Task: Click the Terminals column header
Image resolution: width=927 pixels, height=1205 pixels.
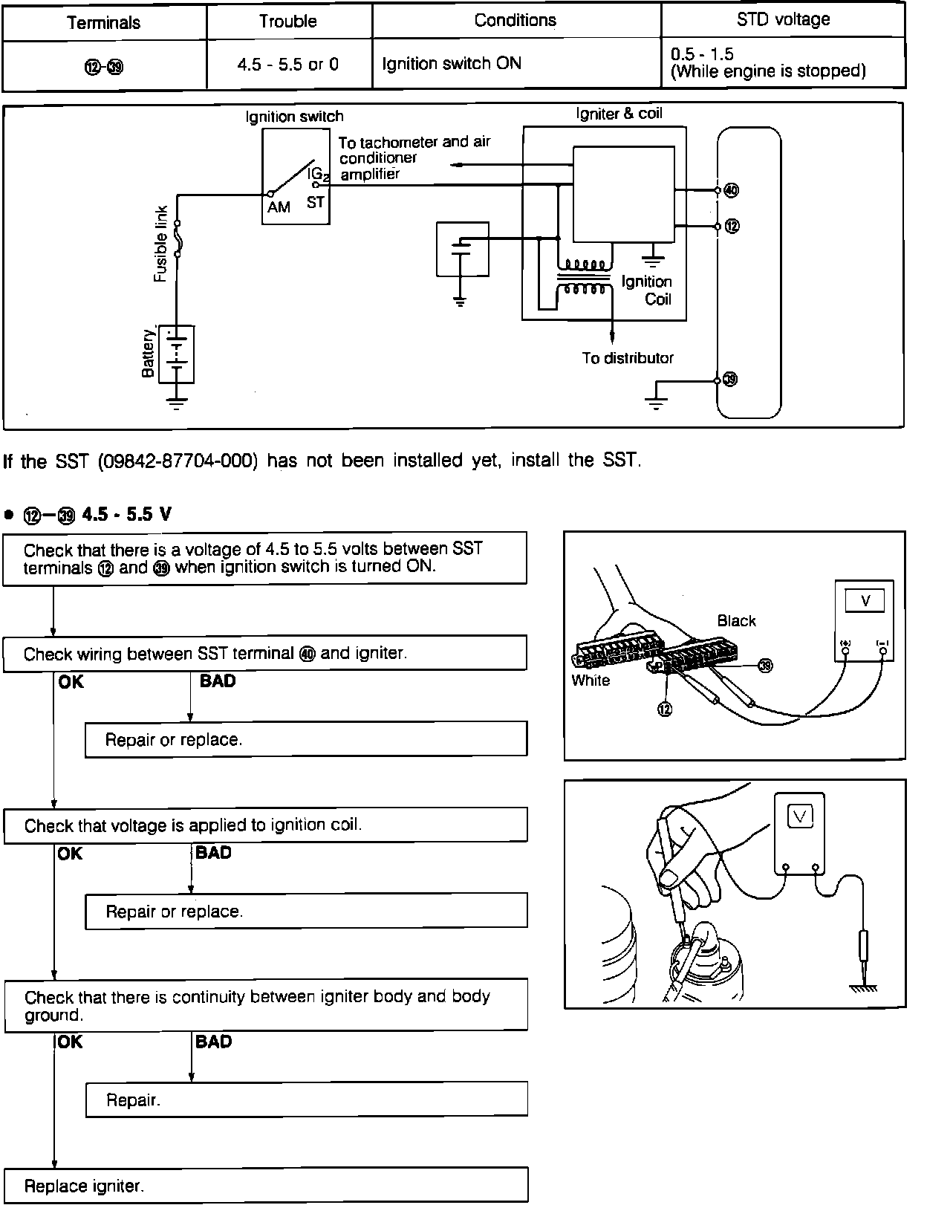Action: [x=103, y=22]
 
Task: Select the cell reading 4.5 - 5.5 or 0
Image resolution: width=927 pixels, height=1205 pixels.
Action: [x=287, y=65]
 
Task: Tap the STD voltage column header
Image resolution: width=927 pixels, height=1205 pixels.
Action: [x=783, y=20]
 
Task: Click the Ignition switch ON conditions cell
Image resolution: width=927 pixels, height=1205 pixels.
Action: [x=452, y=64]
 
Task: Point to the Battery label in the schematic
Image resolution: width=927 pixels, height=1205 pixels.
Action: [x=149, y=354]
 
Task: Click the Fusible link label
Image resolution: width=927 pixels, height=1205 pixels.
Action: [x=161, y=244]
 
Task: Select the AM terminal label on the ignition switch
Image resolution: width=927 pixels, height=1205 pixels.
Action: [x=279, y=207]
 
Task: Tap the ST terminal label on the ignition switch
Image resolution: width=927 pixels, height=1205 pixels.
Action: [x=316, y=202]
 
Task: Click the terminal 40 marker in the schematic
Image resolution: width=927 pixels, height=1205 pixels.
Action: [x=732, y=190]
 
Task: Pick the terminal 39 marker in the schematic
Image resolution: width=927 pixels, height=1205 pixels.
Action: [x=731, y=380]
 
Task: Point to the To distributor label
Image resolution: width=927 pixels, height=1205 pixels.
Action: [x=628, y=358]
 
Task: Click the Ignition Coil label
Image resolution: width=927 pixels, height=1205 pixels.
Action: [x=647, y=290]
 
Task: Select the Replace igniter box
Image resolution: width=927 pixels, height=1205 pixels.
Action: [x=265, y=1185]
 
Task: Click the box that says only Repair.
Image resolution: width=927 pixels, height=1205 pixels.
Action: [x=306, y=1100]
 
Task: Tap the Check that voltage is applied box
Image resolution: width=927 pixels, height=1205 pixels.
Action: [x=265, y=825]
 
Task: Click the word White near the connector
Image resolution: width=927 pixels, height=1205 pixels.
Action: [x=591, y=680]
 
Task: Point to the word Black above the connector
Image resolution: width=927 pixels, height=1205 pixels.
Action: [x=736, y=620]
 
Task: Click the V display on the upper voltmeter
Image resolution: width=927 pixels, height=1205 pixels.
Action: [x=865, y=601]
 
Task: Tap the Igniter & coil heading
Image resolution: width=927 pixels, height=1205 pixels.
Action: [x=619, y=114]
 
